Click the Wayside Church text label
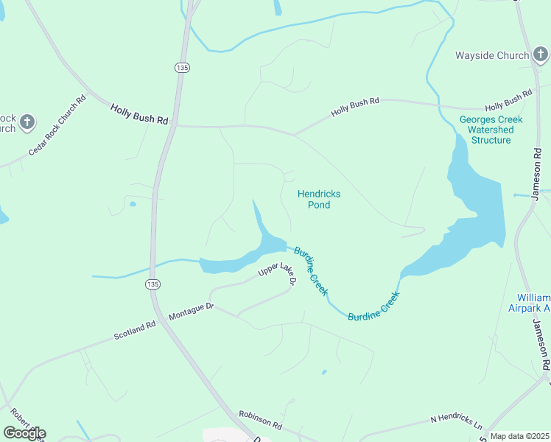coord(491,55)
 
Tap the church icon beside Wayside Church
coord(541,54)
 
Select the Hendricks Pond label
coord(318,199)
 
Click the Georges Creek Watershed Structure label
coord(490,130)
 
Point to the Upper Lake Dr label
coord(277,274)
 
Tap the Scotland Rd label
coord(135,330)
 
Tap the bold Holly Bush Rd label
coord(139,113)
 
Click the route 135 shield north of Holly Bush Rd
coord(182,67)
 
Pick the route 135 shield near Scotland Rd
coord(152,284)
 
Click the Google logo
coord(24,432)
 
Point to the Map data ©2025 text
coord(519,436)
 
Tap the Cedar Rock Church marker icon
coord(27,122)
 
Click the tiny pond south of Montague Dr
coord(323,372)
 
